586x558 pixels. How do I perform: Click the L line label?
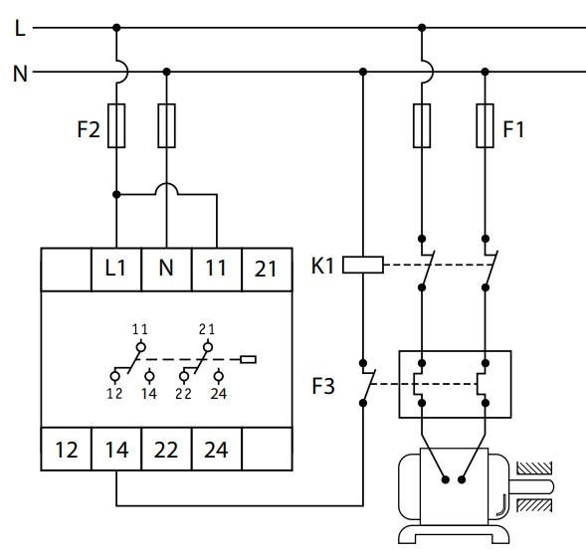[20, 28]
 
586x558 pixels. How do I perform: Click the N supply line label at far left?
[20, 74]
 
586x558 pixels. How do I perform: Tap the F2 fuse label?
[89, 129]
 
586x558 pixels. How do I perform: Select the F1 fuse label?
[513, 129]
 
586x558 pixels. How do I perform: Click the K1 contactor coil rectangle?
[363, 265]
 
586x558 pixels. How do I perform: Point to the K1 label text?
[322, 266]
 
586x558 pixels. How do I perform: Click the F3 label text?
[323, 386]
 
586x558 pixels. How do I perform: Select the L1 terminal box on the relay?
[116, 270]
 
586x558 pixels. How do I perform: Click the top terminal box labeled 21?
[267, 270]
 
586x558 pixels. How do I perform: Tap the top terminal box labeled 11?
[217, 270]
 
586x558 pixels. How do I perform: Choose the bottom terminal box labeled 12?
[66, 449]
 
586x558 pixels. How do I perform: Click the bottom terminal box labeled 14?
[116, 449]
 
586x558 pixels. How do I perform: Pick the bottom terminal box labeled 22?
[167, 449]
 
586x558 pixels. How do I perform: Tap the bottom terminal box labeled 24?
[217, 449]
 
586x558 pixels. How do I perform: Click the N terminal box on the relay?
[166, 270]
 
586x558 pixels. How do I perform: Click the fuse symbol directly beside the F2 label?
[116, 125]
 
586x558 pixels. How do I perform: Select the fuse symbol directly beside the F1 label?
[486, 125]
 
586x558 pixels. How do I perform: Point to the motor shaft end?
[551, 486]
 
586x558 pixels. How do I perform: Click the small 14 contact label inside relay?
[149, 394]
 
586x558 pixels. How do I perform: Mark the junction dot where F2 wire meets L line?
[116, 28]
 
